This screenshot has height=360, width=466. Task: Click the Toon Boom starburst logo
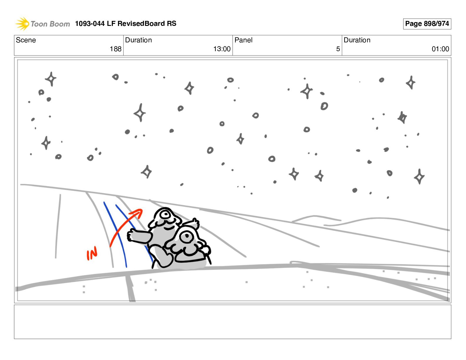click(22, 24)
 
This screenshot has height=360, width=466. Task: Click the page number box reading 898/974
click(427, 24)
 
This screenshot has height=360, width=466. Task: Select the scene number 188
click(116, 49)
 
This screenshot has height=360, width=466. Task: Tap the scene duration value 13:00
click(222, 49)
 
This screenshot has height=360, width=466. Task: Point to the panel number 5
click(338, 49)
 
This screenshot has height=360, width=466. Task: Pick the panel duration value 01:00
click(440, 49)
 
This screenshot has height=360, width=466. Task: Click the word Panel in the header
click(243, 40)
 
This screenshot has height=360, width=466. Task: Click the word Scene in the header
click(26, 40)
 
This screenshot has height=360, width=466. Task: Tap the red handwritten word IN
click(92, 253)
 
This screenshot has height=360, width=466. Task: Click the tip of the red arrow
click(142, 210)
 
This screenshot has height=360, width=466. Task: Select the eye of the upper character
click(166, 214)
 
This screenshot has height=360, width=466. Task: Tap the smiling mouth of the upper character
click(169, 228)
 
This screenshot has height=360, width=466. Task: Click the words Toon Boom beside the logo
click(50, 24)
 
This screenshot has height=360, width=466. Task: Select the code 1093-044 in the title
click(90, 24)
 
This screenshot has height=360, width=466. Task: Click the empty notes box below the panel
click(233, 322)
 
